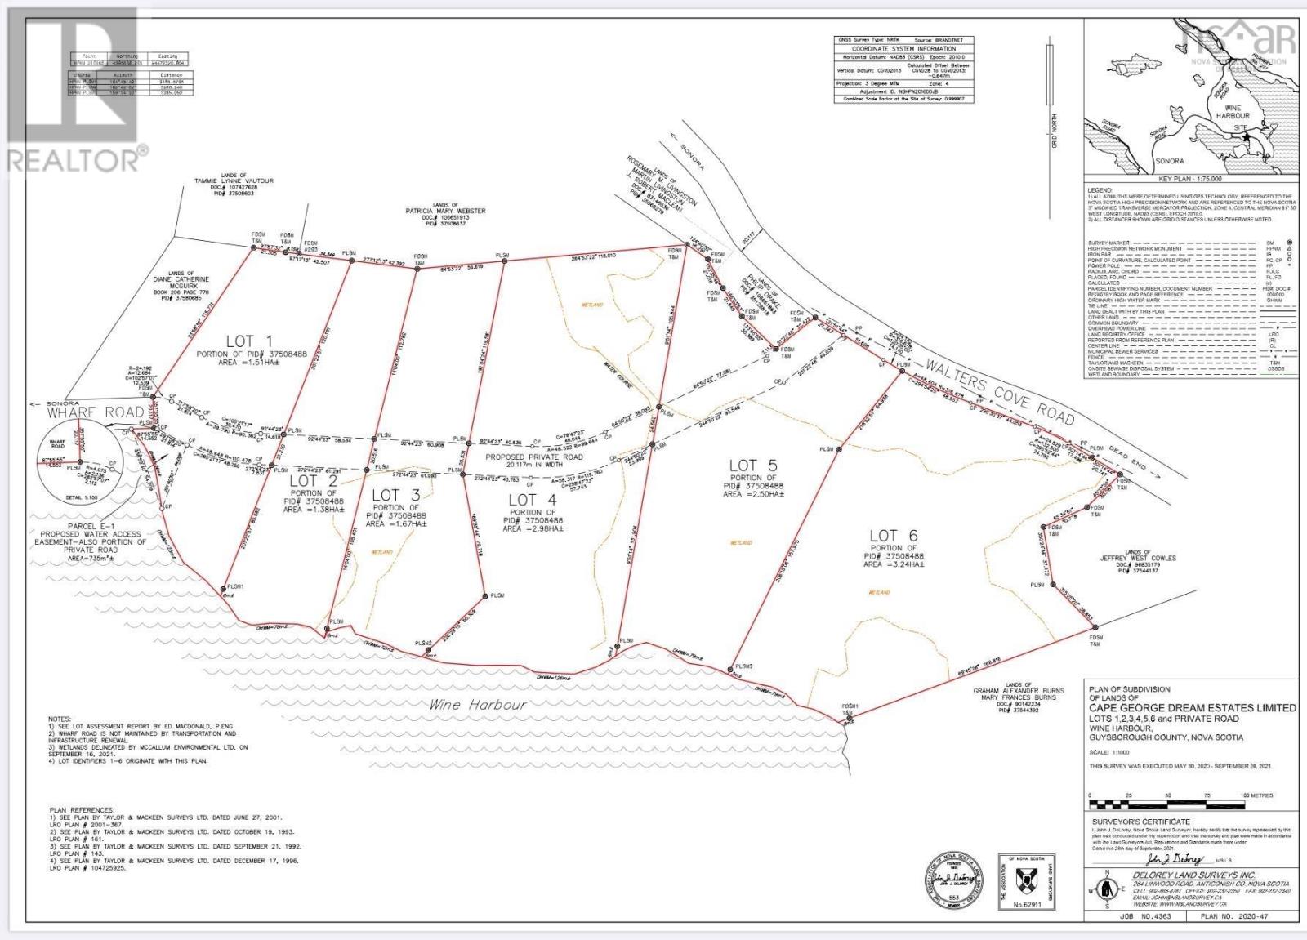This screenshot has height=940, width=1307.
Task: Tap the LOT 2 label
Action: point(303,482)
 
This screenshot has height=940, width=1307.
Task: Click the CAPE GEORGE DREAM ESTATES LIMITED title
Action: point(1192,708)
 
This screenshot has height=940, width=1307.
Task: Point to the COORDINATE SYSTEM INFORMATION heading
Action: point(904,48)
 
